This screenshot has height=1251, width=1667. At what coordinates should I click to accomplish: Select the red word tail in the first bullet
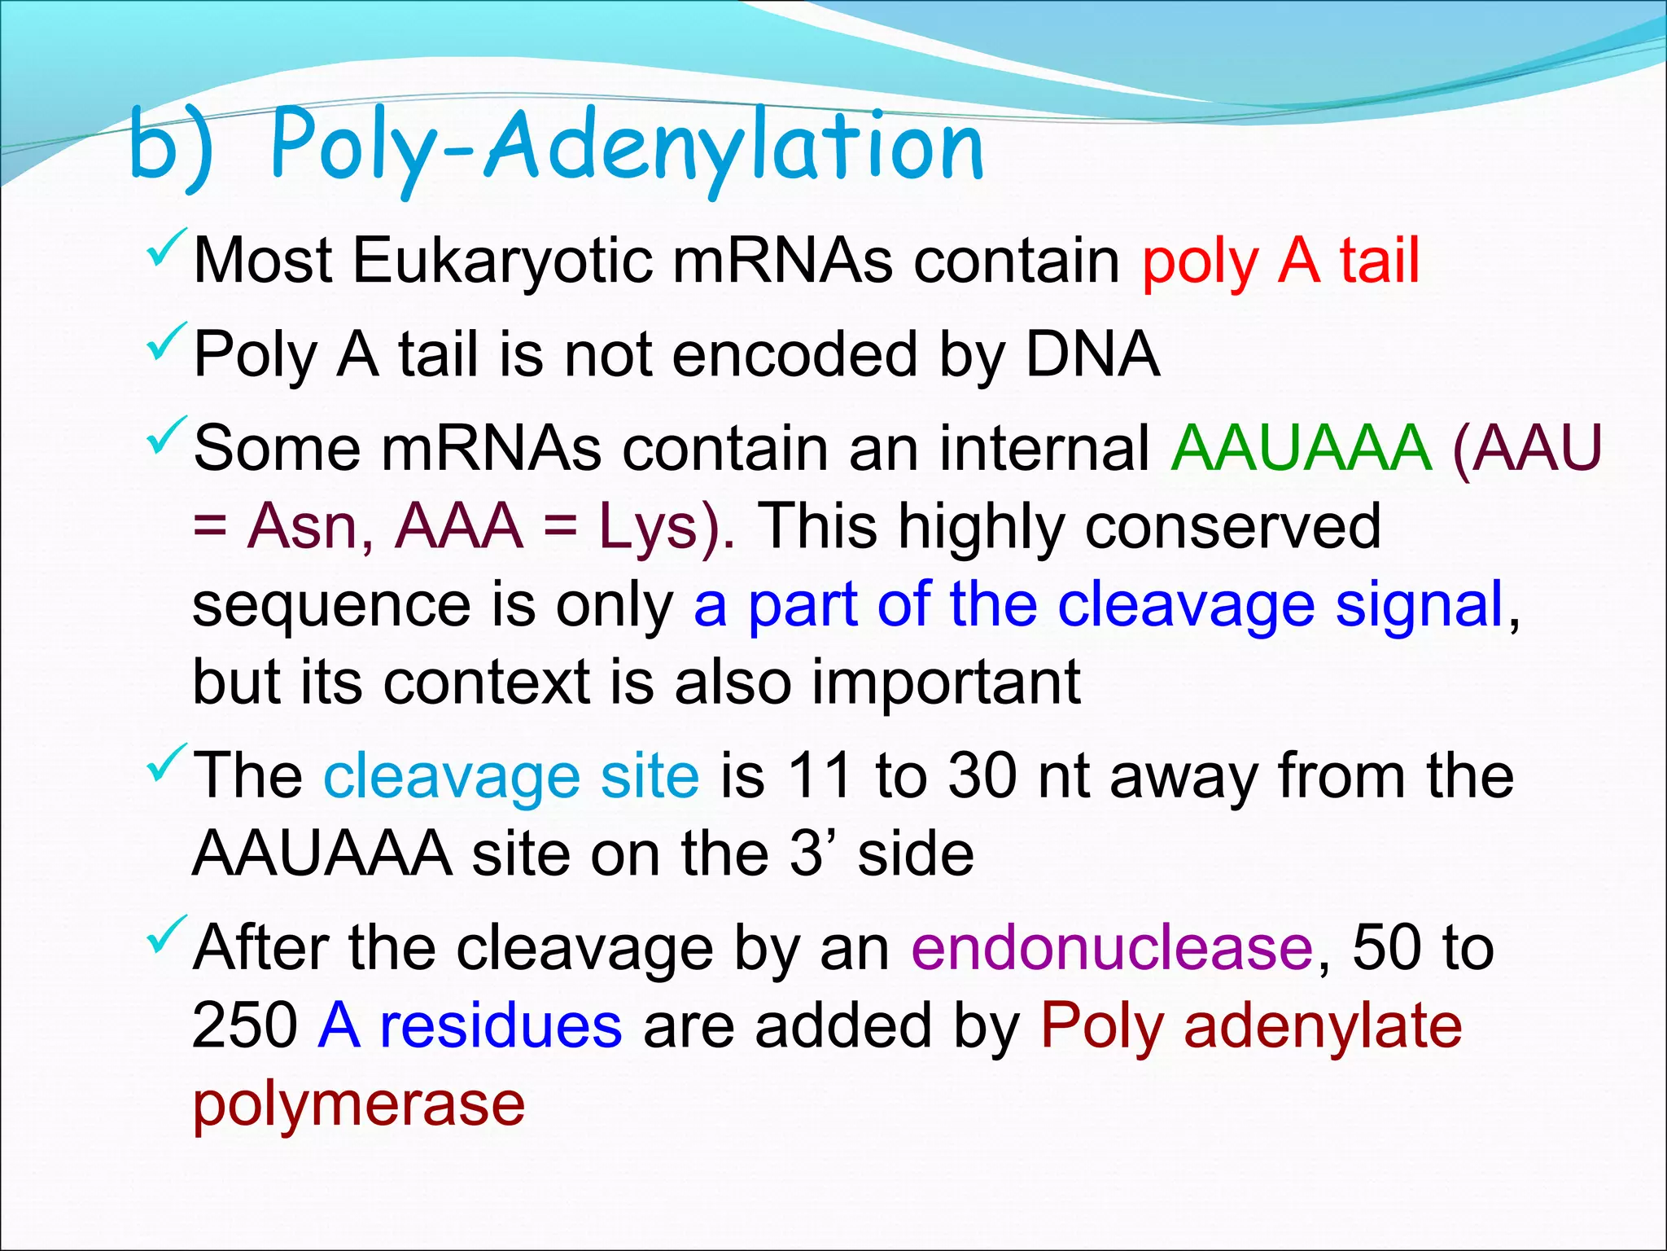(x=1380, y=261)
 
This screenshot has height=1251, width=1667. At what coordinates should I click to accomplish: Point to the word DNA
(x=1092, y=355)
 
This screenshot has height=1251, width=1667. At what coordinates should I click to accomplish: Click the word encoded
(x=795, y=355)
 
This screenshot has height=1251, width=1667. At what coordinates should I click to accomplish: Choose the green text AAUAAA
(x=1301, y=448)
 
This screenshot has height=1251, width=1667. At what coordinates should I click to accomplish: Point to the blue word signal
(x=1419, y=604)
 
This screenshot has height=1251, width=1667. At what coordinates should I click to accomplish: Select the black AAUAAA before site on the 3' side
(x=322, y=854)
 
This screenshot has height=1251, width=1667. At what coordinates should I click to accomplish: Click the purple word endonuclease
(x=1112, y=948)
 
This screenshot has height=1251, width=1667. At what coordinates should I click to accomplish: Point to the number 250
(x=245, y=1025)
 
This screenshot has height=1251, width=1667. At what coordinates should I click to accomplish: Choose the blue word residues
(x=501, y=1025)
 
